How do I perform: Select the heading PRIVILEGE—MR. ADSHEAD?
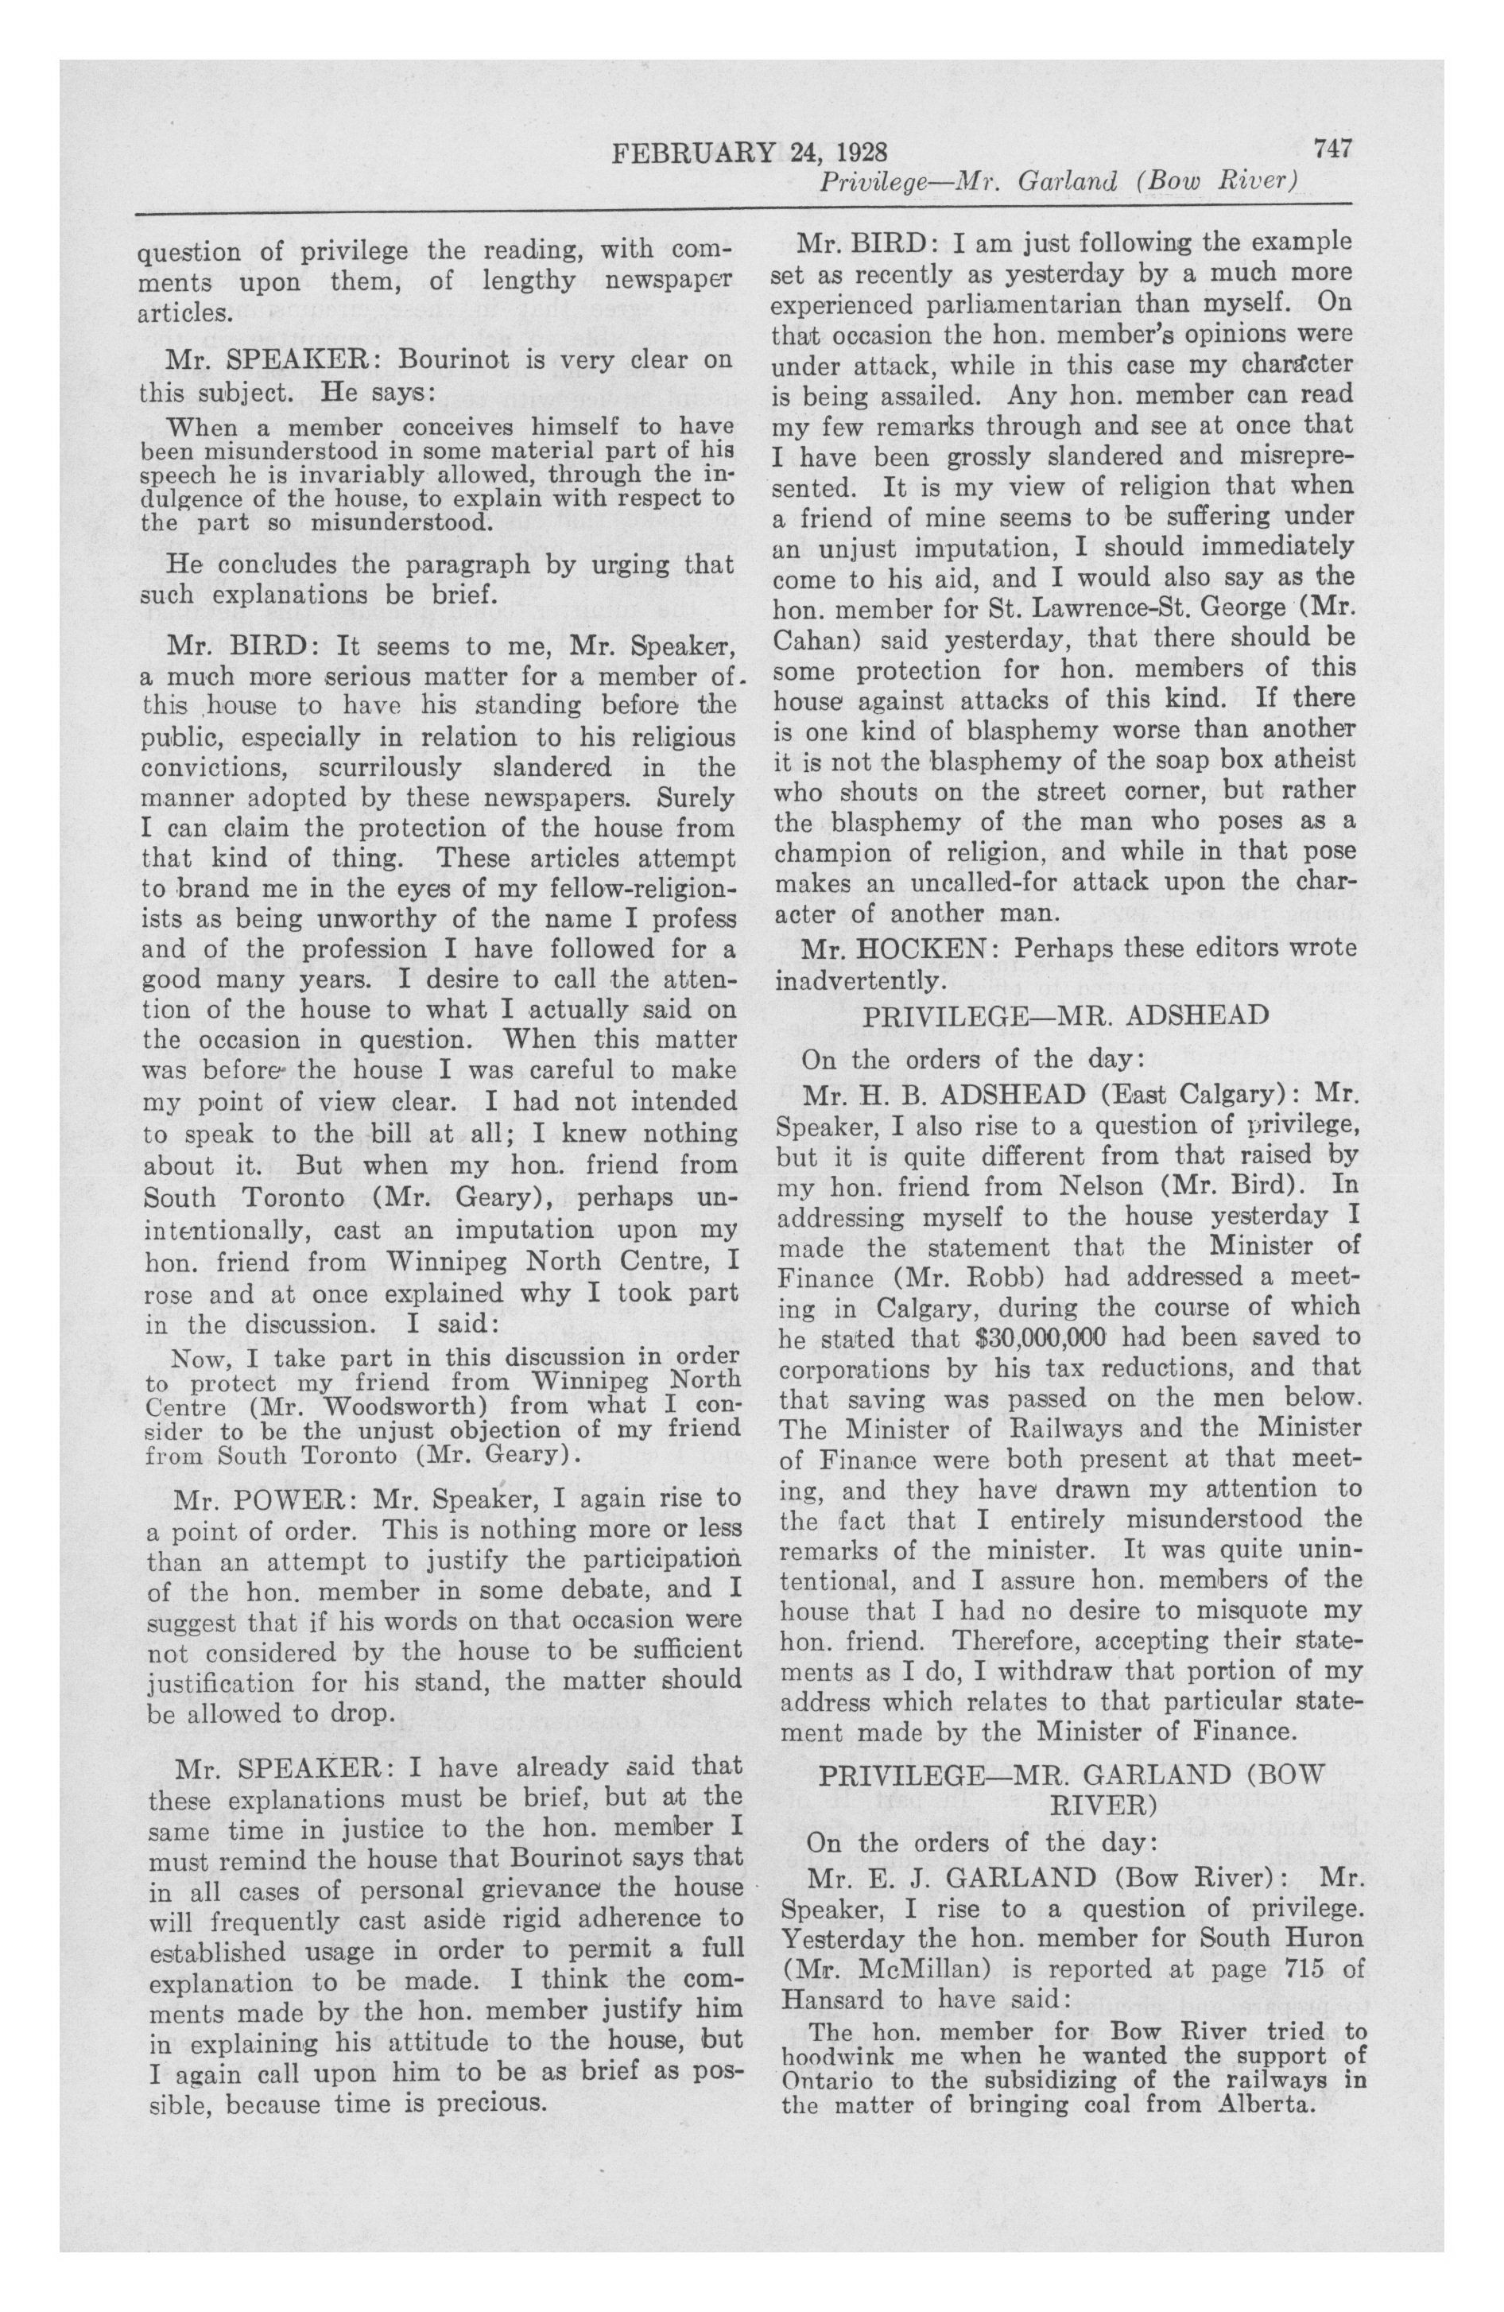coord(1066,1015)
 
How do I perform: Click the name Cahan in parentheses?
coord(818,639)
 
